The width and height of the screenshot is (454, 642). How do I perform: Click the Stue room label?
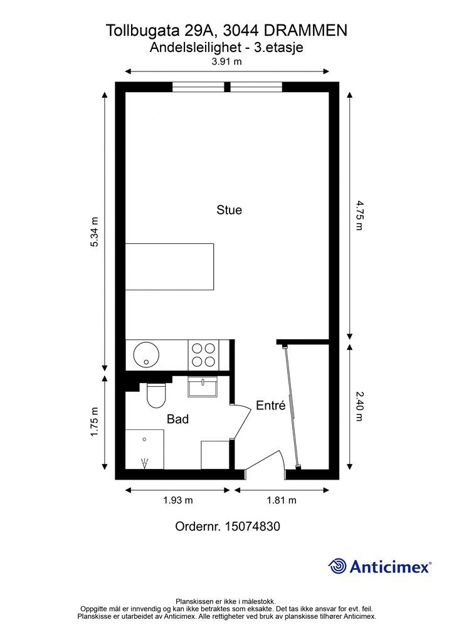pyautogui.click(x=230, y=210)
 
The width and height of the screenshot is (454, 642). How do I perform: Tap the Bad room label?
pyautogui.click(x=177, y=419)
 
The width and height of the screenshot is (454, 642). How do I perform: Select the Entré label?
pyautogui.click(x=271, y=405)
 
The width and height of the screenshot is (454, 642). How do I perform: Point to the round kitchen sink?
pyautogui.click(x=146, y=355)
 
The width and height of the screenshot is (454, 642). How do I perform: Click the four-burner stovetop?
pyautogui.click(x=203, y=355)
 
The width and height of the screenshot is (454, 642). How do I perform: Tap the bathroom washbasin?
pyautogui.click(x=203, y=387)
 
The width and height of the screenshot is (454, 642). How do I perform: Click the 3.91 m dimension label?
pyautogui.click(x=226, y=61)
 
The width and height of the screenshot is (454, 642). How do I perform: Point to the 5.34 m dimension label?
pyautogui.click(x=95, y=232)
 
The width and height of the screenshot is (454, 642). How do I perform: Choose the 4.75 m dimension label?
pyautogui.click(x=359, y=215)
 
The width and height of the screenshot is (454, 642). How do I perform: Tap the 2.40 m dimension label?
pyautogui.click(x=359, y=406)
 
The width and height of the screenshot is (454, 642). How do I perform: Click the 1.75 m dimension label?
pyautogui.click(x=95, y=421)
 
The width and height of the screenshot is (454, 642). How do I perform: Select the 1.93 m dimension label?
pyautogui.click(x=178, y=500)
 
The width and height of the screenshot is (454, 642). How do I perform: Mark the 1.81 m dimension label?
pyautogui.click(x=282, y=500)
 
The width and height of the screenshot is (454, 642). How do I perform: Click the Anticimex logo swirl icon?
pyautogui.click(x=338, y=566)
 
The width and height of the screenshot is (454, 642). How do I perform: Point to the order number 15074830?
pyautogui.click(x=252, y=526)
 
